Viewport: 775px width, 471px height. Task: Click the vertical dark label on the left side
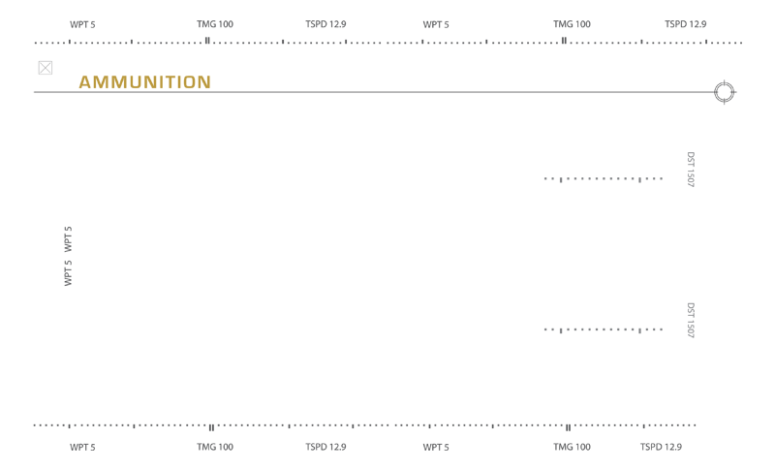coord(62,256)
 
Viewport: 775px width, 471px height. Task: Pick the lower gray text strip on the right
coord(601,330)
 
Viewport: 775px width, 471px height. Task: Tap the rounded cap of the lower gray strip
coord(688,321)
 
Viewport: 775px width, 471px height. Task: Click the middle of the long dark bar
coord(387,88)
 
